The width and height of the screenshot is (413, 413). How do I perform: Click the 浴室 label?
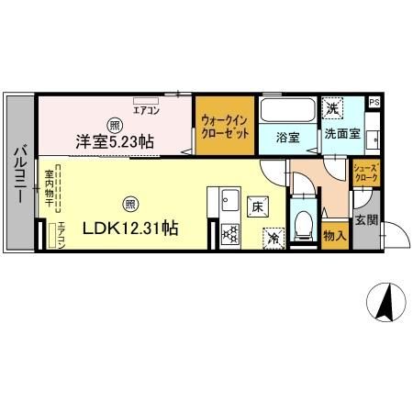[287, 138]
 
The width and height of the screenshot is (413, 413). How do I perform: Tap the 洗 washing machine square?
[333, 108]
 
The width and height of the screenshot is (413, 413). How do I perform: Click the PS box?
[374, 102]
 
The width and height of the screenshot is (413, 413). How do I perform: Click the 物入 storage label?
[335, 236]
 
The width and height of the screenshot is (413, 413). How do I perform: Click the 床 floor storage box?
[259, 206]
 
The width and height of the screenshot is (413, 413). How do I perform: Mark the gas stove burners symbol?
[229, 234]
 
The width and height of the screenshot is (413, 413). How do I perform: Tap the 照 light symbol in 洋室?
[114, 125]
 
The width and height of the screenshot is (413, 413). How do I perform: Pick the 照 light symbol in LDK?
[131, 203]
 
